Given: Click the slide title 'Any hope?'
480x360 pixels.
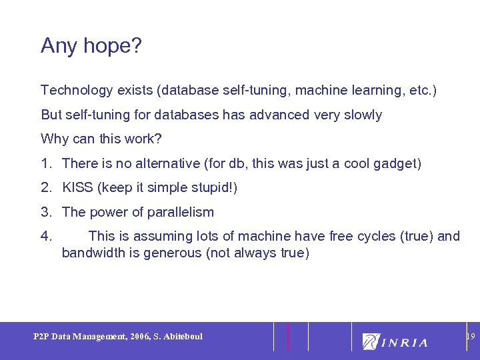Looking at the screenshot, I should [91, 46].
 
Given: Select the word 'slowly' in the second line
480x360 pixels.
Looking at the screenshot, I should [361, 115].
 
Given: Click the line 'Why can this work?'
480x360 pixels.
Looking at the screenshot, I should [101, 139].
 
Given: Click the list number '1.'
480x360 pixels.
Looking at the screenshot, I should [47, 163].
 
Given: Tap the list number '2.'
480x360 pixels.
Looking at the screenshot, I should [47, 188].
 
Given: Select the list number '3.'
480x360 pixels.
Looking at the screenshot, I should [47, 213].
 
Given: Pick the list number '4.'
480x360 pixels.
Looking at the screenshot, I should [47, 237].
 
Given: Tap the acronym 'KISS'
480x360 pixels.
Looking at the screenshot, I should [78, 188].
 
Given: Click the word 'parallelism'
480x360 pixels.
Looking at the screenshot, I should [180, 213].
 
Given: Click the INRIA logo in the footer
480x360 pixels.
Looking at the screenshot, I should [395, 341].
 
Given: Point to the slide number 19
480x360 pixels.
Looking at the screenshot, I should [470, 337].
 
